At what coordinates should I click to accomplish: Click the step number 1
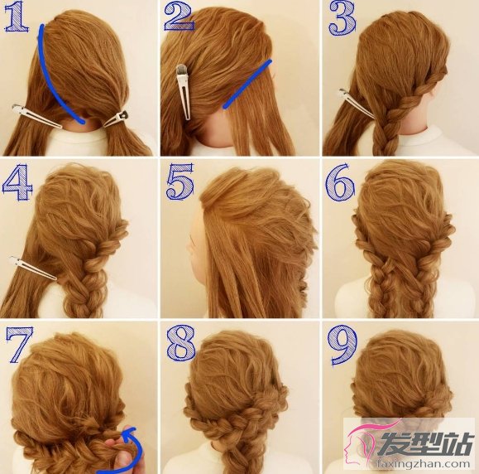17,17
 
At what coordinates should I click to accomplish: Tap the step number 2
179,17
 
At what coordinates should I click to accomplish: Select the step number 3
342,19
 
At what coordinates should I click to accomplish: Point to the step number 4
17,182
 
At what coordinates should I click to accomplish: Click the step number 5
180,181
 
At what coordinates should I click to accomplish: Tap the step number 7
19,344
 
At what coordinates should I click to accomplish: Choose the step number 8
181,342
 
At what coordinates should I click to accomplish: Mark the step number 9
342,346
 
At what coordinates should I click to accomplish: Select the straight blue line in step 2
247,85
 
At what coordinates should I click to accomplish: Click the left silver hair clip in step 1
36,117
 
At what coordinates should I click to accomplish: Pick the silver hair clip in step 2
184,92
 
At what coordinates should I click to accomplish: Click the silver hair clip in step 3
356,103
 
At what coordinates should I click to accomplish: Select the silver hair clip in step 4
33,268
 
